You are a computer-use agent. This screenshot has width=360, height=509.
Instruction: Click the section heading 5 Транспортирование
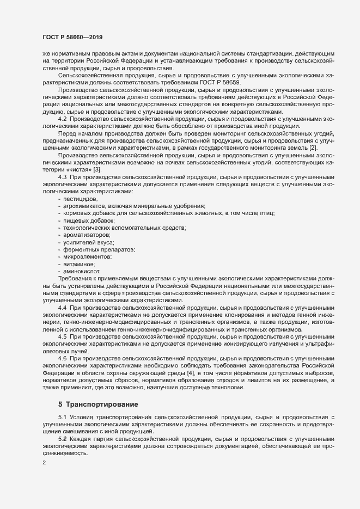[x=98, y=404]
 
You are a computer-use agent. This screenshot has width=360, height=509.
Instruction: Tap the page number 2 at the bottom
[x=44, y=463]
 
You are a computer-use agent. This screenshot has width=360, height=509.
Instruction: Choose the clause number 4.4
[x=63, y=308]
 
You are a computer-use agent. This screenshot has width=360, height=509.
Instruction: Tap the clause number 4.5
[x=63, y=338]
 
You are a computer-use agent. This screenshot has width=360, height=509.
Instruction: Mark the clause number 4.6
[x=63, y=358]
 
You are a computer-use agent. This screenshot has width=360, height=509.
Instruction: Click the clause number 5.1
[x=63, y=417]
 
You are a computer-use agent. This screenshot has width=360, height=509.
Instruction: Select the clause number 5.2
[x=63, y=439]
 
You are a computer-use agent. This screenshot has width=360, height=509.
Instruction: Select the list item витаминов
[x=80, y=263]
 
